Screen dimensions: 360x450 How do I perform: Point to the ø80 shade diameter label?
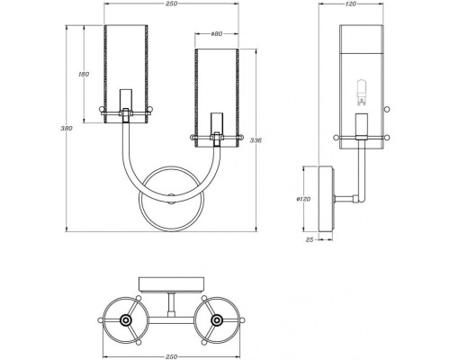216,34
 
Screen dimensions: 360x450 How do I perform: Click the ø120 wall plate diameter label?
303,199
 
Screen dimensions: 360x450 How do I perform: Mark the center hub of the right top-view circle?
217,319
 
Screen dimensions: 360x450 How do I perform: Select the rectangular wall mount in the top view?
171,284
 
